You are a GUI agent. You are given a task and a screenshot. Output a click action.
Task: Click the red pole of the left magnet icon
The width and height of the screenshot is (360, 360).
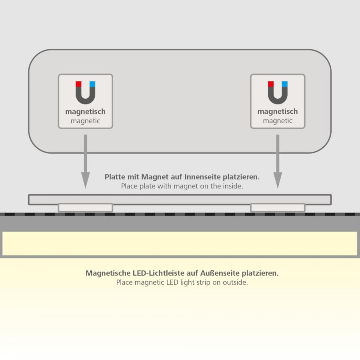point(78,84)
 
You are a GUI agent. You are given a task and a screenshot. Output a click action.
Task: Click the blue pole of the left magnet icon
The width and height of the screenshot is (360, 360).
point(92,84)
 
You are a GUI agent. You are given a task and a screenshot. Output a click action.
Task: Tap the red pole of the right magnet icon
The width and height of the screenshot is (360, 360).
point(271,84)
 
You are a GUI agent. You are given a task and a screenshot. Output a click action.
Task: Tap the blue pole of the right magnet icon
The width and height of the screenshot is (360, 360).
point(285,84)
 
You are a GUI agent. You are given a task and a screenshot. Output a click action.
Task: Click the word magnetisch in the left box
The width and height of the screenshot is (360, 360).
point(86,112)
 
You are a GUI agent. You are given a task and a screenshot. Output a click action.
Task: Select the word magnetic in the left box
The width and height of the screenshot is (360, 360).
point(86,121)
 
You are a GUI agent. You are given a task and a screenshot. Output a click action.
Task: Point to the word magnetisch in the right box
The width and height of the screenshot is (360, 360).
point(278,112)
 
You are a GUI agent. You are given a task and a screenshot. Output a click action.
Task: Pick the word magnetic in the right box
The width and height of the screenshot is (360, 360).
point(278,121)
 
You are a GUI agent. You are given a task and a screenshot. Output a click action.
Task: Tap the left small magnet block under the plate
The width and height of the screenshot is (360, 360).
point(86,208)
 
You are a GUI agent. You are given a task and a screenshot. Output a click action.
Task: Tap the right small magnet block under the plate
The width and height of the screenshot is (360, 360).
point(278,208)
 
